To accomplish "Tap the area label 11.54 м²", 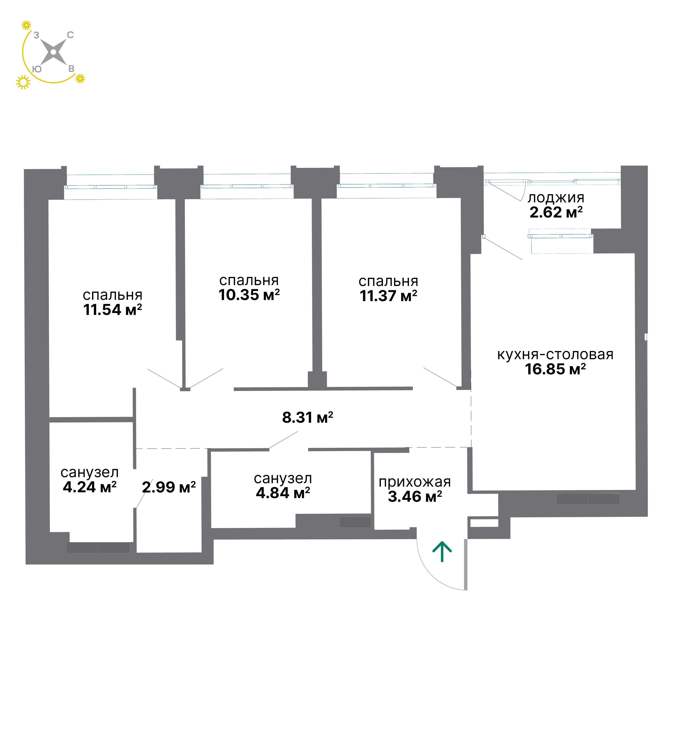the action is [113, 310].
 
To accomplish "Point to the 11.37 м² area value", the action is [388, 296].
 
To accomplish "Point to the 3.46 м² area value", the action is [415, 496].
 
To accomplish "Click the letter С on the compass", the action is [70, 35].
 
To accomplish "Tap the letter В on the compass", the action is [71, 69].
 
